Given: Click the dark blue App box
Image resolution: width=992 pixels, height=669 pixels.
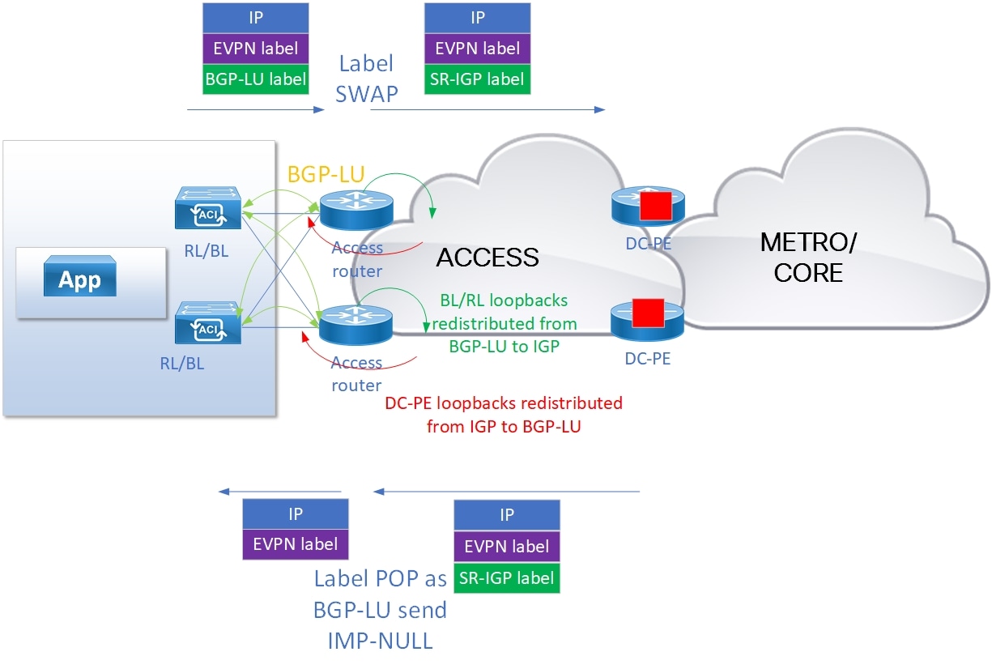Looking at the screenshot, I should pos(79,279).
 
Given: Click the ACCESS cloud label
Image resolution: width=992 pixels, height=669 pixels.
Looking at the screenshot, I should pos(487,257).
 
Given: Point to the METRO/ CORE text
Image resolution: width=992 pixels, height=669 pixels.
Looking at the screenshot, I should pos(807,257).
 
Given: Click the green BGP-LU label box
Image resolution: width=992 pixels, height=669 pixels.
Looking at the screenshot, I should pos(255,79).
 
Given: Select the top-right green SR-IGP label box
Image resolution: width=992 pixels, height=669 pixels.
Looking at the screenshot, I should pos(478,79).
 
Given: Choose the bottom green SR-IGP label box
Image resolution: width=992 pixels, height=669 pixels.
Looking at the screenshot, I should pos(507,578).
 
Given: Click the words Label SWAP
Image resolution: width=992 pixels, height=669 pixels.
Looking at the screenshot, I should pos(368,79).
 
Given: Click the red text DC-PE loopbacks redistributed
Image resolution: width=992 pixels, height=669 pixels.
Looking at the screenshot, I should pos(504,403).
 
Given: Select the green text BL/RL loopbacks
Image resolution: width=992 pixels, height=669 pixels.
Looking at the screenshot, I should pos(504,300).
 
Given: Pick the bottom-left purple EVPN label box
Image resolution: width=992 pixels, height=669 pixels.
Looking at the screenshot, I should pos(296,543).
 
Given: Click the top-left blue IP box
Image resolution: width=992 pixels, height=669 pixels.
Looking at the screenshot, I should pos(255,17).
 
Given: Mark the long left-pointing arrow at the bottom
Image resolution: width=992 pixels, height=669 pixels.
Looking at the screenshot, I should pos(507,491).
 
